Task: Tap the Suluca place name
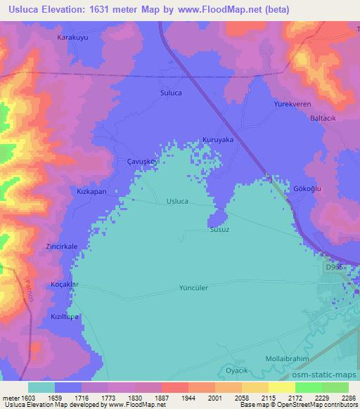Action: click(x=172, y=92)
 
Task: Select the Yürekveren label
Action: click(x=292, y=104)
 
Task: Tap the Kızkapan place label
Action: click(x=91, y=191)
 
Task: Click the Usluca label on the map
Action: click(x=176, y=201)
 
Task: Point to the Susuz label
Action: click(x=219, y=230)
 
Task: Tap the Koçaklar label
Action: click(x=65, y=285)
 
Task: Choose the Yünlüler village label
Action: click(x=194, y=288)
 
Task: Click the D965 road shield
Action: click(x=335, y=268)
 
